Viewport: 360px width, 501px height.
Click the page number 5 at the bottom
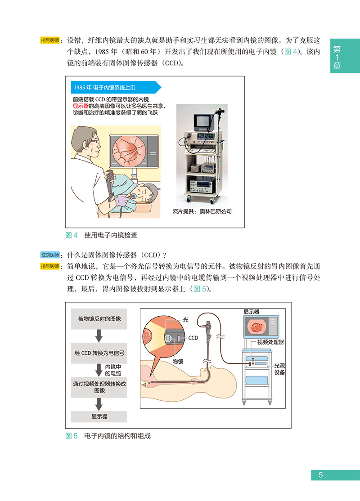tap(320, 475)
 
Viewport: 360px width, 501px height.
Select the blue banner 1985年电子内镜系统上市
tap(115, 88)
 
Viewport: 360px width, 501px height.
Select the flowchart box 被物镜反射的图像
tap(99, 319)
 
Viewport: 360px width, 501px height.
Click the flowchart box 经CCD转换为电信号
tap(99, 353)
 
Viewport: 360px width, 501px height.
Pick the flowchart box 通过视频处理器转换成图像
tap(99, 387)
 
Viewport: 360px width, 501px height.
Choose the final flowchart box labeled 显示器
tap(99, 416)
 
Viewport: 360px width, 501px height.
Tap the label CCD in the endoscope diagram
tap(193, 337)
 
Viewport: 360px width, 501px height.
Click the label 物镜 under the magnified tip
tap(178, 361)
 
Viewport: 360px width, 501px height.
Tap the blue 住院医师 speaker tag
tap(50, 255)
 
